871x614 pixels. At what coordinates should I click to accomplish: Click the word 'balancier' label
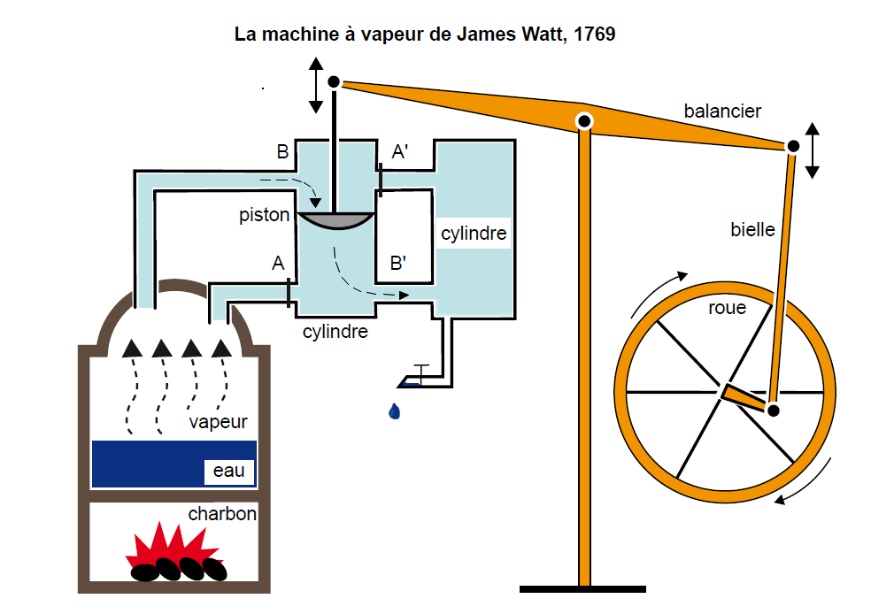pyautogui.click(x=722, y=111)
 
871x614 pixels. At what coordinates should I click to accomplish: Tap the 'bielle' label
pyautogui.click(x=752, y=230)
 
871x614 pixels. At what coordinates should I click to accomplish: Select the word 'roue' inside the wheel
pyautogui.click(x=727, y=308)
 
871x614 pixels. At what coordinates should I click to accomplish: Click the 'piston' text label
pyautogui.click(x=264, y=216)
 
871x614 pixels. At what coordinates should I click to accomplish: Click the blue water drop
pyautogui.click(x=394, y=411)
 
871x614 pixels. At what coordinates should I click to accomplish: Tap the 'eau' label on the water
pyautogui.click(x=228, y=471)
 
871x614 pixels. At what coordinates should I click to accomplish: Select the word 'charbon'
pyautogui.click(x=221, y=513)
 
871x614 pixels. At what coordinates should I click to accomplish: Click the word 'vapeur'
pyautogui.click(x=218, y=422)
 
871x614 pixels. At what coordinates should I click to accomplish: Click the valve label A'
pyautogui.click(x=400, y=152)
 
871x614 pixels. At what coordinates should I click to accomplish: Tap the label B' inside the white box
pyautogui.click(x=398, y=264)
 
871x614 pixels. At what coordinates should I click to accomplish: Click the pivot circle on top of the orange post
pyautogui.click(x=584, y=120)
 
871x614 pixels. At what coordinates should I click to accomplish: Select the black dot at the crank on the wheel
pyautogui.click(x=774, y=411)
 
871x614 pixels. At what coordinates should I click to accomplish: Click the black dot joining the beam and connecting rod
pyautogui.click(x=793, y=146)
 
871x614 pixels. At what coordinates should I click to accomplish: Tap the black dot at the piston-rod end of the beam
pyautogui.click(x=334, y=82)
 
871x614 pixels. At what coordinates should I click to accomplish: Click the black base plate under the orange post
pyautogui.click(x=582, y=588)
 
